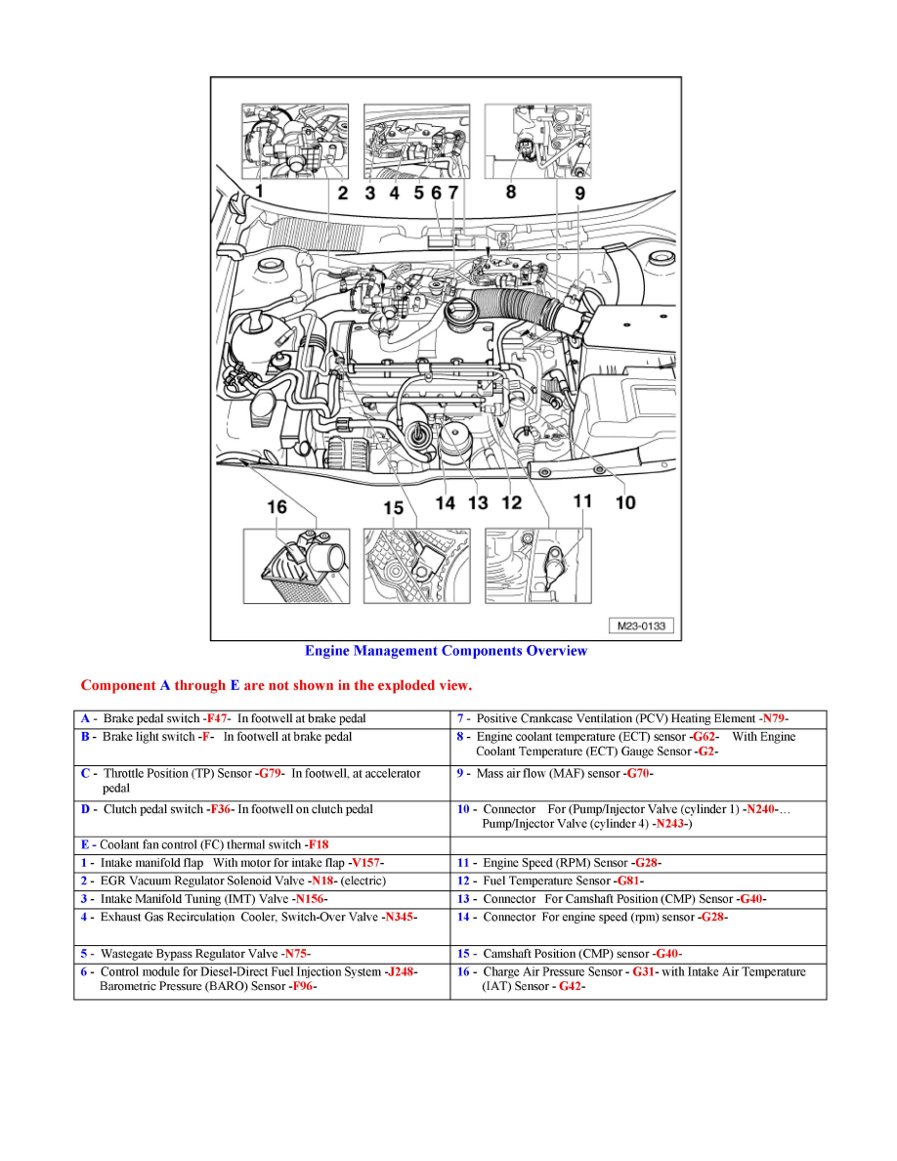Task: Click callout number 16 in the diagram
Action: (x=278, y=506)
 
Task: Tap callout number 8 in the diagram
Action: (x=511, y=192)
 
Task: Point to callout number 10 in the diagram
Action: (x=625, y=501)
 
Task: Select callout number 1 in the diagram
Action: (x=259, y=191)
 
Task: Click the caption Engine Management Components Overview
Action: (x=447, y=651)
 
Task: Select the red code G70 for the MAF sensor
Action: (x=638, y=774)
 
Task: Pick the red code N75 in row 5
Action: (x=296, y=954)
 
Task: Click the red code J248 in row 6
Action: (x=401, y=972)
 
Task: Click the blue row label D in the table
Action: (x=86, y=809)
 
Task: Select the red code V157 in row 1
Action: (x=365, y=864)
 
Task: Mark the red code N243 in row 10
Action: (x=670, y=824)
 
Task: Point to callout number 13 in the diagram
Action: (x=478, y=502)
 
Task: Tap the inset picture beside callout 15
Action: (x=418, y=566)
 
